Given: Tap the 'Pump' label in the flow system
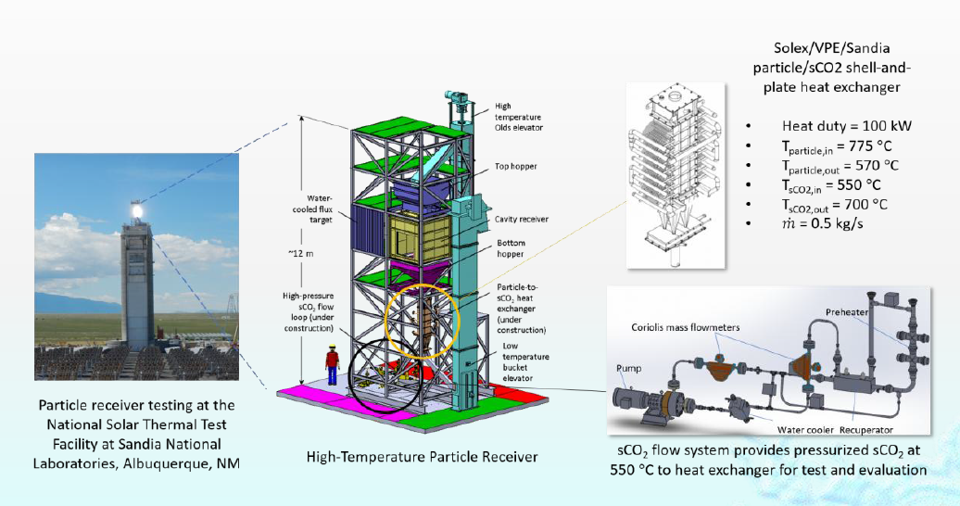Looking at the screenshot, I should point(628,368).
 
